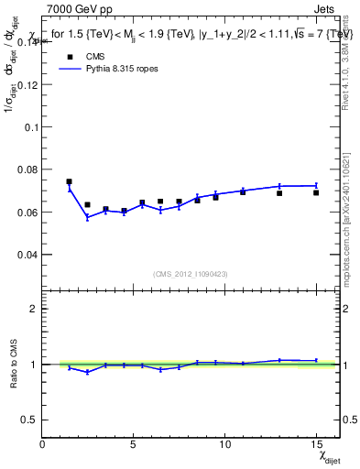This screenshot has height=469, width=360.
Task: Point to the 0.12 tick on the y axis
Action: point(27,84)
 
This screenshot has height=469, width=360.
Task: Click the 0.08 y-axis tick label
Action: point(27,169)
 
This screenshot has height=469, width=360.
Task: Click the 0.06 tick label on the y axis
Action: point(27,212)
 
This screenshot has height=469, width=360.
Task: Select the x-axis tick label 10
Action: point(224,444)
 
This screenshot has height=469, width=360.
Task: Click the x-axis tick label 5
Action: point(134,444)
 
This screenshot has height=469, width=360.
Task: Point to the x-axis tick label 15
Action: point(316,444)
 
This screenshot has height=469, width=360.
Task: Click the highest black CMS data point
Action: point(69,181)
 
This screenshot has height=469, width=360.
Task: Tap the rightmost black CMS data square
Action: point(316,192)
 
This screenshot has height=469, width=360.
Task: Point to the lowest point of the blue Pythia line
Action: point(87,217)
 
